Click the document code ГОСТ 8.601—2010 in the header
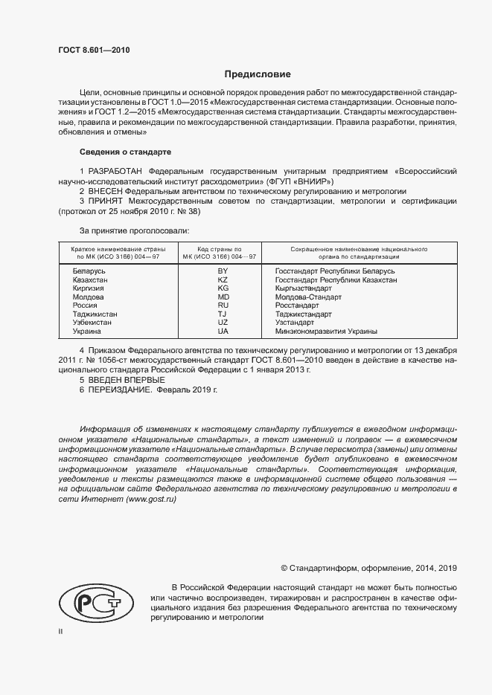tap(94, 50)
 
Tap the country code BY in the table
tap(222, 272)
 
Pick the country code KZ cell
tap(222, 280)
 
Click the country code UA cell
tap(222, 331)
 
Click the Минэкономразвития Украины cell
tap(326, 331)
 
